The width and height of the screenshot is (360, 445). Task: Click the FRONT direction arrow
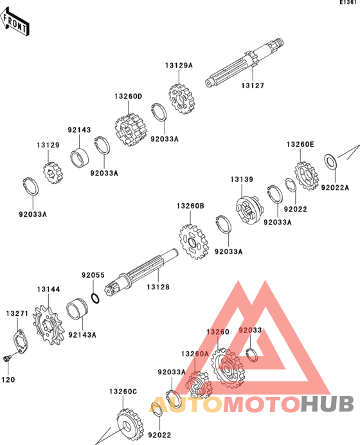pyautogui.click(x=15, y=22)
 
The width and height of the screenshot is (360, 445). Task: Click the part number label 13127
pyautogui.click(x=253, y=86)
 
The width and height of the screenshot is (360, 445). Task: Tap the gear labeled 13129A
pyautogui.click(x=181, y=99)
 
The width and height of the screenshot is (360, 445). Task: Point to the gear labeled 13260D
pyautogui.click(x=130, y=130)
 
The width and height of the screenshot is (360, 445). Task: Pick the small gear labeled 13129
pyautogui.click(x=53, y=172)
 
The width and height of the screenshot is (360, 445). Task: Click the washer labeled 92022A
pyautogui.click(x=330, y=162)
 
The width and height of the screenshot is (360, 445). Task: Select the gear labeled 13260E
pyautogui.click(x=306, y=176)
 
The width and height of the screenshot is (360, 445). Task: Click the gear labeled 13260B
pyautogui.click(x=194, y=242)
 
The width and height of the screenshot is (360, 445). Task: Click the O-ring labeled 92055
pyautogui.click(x=95, y=298)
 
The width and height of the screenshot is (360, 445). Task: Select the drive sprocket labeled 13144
pyautogui.click(x=48, y=325)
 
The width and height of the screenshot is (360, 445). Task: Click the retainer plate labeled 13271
pyautogui.click(x=21, y=341)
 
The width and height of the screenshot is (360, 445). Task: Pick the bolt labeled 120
pyautogui.click(x=6, y=358)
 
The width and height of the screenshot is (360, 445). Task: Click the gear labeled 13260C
pyautogui.click(x=130, y=425)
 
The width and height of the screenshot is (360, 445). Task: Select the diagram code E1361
pyautogui.click(x=348, y=3)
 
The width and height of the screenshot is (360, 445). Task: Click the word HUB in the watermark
pyautogui.click(x=327, y=404)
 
